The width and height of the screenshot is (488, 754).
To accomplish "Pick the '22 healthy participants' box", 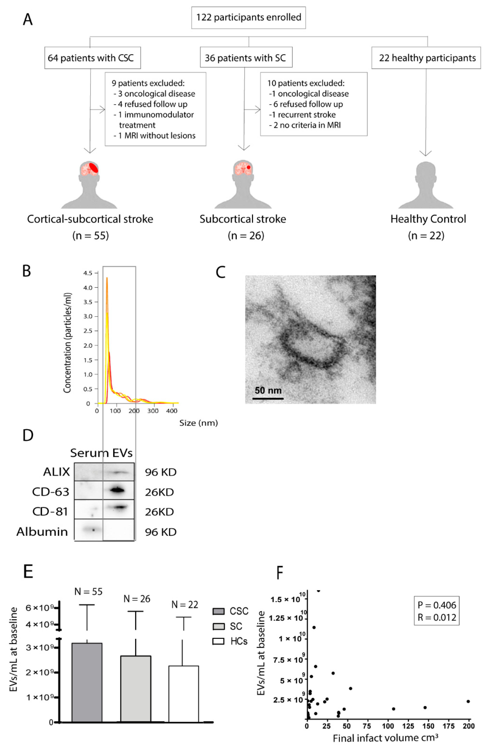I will pyautogui.click(x=426, y=58).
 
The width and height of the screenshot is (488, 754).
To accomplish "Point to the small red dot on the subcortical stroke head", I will pyautogui.click(x=248, y=167).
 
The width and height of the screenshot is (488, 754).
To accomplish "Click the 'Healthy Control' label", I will pyautogui.click(x=428, y=219).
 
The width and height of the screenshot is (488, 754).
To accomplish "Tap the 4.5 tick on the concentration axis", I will pyautogui.click(x=88, y=273).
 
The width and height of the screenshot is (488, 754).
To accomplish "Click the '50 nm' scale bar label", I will pyautogui.click(x=268, y=390).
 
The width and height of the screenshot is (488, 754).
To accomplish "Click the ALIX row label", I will pyautogui.click(x=56, y=472).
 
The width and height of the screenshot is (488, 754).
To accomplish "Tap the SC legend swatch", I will pyautogui.click(x=218, y=626).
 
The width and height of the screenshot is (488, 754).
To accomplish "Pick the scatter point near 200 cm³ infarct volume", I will pyautogui.click(x=468, y=701).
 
